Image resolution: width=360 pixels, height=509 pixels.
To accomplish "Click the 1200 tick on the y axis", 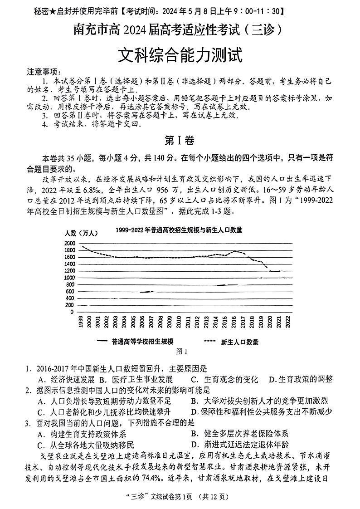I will pos(69,271).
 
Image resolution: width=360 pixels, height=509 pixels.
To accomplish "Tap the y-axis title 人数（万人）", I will pos(81,233).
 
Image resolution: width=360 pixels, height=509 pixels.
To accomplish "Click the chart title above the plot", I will pos(179,230).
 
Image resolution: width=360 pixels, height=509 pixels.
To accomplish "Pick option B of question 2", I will pos(259,401).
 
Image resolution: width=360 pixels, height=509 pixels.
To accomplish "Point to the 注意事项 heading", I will pos(43,72).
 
